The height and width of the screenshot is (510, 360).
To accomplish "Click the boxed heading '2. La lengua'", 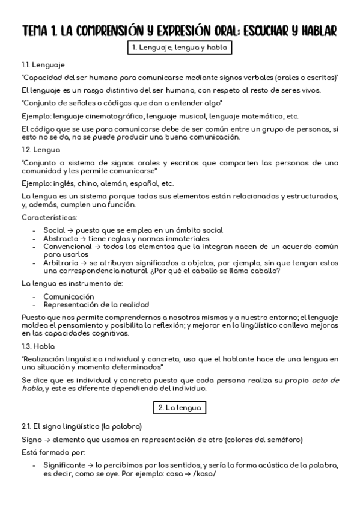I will pyautogui.click(x=180, y=407).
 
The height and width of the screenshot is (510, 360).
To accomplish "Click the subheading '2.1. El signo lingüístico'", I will pyautogui.click(x=81, y=426).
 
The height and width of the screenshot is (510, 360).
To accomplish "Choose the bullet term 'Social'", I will pyautogui.click(x=54, y=230).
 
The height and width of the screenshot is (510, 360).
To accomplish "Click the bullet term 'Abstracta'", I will pyautogui.click(x=61, y=238).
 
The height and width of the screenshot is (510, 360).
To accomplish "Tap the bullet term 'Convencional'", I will pyautogui.click(x=67, y=247).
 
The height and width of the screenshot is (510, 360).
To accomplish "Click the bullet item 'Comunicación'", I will pyautogui.click(x=69, y=296).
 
